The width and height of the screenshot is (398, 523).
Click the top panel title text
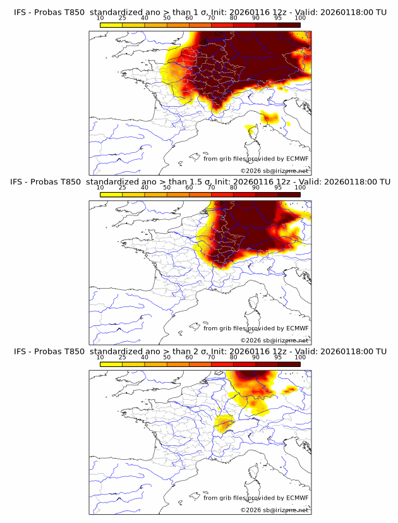tap(200, 11)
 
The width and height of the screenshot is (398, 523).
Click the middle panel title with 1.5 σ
tap(200, 182)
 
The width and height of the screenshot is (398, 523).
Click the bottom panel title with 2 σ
tap(200, 352)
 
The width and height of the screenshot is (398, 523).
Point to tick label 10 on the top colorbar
tap(100, 18)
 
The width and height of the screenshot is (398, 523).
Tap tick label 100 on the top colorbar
tap(300, 18)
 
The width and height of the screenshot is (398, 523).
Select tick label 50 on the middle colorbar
tap(167, 188)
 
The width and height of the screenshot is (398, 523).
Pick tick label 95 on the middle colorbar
tap(278, 188)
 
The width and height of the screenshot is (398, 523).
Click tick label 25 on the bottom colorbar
tap(122, 358)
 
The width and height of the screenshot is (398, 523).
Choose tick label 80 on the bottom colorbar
tap(233, 358)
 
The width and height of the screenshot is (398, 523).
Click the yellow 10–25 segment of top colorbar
tap(111, 25)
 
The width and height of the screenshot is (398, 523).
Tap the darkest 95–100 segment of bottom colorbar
tap(289, 364)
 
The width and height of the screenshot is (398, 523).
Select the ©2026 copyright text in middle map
tap(275, 340)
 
